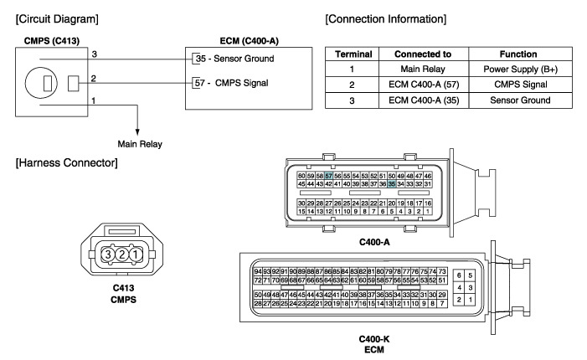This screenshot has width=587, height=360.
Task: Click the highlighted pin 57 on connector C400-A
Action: click(329, 176)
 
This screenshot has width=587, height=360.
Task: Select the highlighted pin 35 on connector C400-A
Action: click(392, 183)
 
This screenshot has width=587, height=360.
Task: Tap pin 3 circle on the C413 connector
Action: click(108, 255)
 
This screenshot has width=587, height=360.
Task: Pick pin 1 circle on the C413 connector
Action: click(136, 255)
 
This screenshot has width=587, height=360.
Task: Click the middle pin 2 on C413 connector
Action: click(121, 255)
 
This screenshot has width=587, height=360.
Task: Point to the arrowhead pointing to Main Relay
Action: click(137, 132)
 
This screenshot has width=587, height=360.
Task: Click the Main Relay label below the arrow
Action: click(140, 144)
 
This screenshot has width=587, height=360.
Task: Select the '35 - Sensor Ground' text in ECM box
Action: click(234, 59)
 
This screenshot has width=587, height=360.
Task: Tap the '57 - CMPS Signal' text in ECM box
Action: click(232, 83)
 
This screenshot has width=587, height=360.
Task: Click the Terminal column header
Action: click(353, 54)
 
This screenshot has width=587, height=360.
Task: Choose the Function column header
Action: click(518, 54)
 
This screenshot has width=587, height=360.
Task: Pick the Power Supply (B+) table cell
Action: click(521, 69)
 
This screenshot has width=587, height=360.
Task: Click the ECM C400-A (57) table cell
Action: click(424, 85)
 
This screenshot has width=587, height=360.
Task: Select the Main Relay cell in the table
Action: click(423, 69)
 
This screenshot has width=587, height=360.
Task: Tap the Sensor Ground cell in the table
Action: click(520, 100)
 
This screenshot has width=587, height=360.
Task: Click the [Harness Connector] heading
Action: click(67, 162)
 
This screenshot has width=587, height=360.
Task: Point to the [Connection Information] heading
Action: click(385, 19)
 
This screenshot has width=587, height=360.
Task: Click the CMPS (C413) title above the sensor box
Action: click(52, 41)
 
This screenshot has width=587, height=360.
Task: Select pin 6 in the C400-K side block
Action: click(459, 275)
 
